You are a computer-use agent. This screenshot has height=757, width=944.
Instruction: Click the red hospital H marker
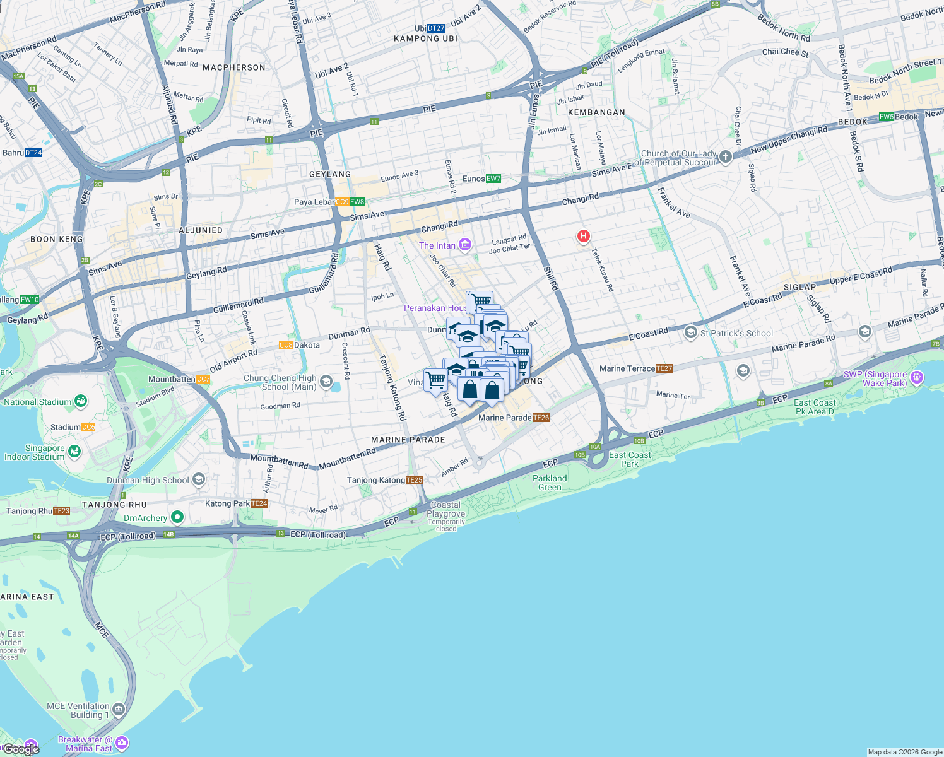click(584, 237)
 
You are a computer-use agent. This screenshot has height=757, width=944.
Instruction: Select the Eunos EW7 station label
click(481, 179)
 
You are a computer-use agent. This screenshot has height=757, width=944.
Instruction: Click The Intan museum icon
click(465, 245)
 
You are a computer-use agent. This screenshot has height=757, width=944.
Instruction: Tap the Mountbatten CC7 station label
click(179, 379)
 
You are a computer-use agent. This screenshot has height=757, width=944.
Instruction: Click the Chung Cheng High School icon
click(326, 382)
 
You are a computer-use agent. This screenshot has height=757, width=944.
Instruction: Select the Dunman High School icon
click(199, 480)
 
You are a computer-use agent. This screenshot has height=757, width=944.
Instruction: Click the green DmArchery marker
click(178, 518)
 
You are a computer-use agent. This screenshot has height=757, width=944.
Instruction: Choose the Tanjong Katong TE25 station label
click(384, 480)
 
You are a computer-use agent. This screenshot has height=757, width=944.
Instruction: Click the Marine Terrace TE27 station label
click(636, 368)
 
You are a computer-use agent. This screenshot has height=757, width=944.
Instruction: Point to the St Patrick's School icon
click(691, 332)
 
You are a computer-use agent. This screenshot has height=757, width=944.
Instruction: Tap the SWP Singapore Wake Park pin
click(917, 378)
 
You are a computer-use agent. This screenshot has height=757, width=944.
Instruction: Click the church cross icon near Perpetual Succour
click(726, 156)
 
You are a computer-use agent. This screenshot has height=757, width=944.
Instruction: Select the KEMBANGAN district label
click(596, 112)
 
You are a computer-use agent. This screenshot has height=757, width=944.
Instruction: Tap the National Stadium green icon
click(80, 401)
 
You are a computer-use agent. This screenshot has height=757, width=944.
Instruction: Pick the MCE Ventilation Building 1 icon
click(119, 710)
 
